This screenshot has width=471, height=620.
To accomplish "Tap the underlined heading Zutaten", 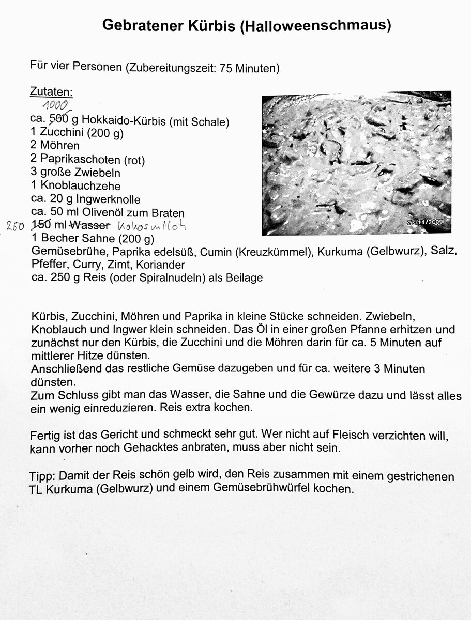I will (x=52, y=92).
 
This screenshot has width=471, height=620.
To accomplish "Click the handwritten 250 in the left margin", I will (x=16, y=226).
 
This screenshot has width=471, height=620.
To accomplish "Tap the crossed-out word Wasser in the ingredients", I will (x=90, y=225).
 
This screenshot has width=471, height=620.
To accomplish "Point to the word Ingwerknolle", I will (x=109, y=199).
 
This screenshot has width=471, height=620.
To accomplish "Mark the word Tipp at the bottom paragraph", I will (x=41, y=476).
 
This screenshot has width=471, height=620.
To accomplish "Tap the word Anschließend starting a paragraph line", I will (x=63, y=369).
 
